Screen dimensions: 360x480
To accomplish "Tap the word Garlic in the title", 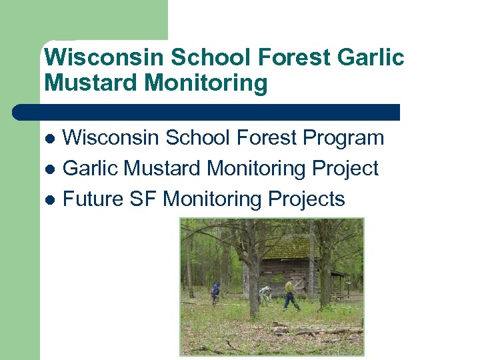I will pos(371,57).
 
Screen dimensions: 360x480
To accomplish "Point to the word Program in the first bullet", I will pos(343,138).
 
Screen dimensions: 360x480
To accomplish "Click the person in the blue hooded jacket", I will pos(215,292).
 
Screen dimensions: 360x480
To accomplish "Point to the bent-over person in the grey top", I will pos(265,293).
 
